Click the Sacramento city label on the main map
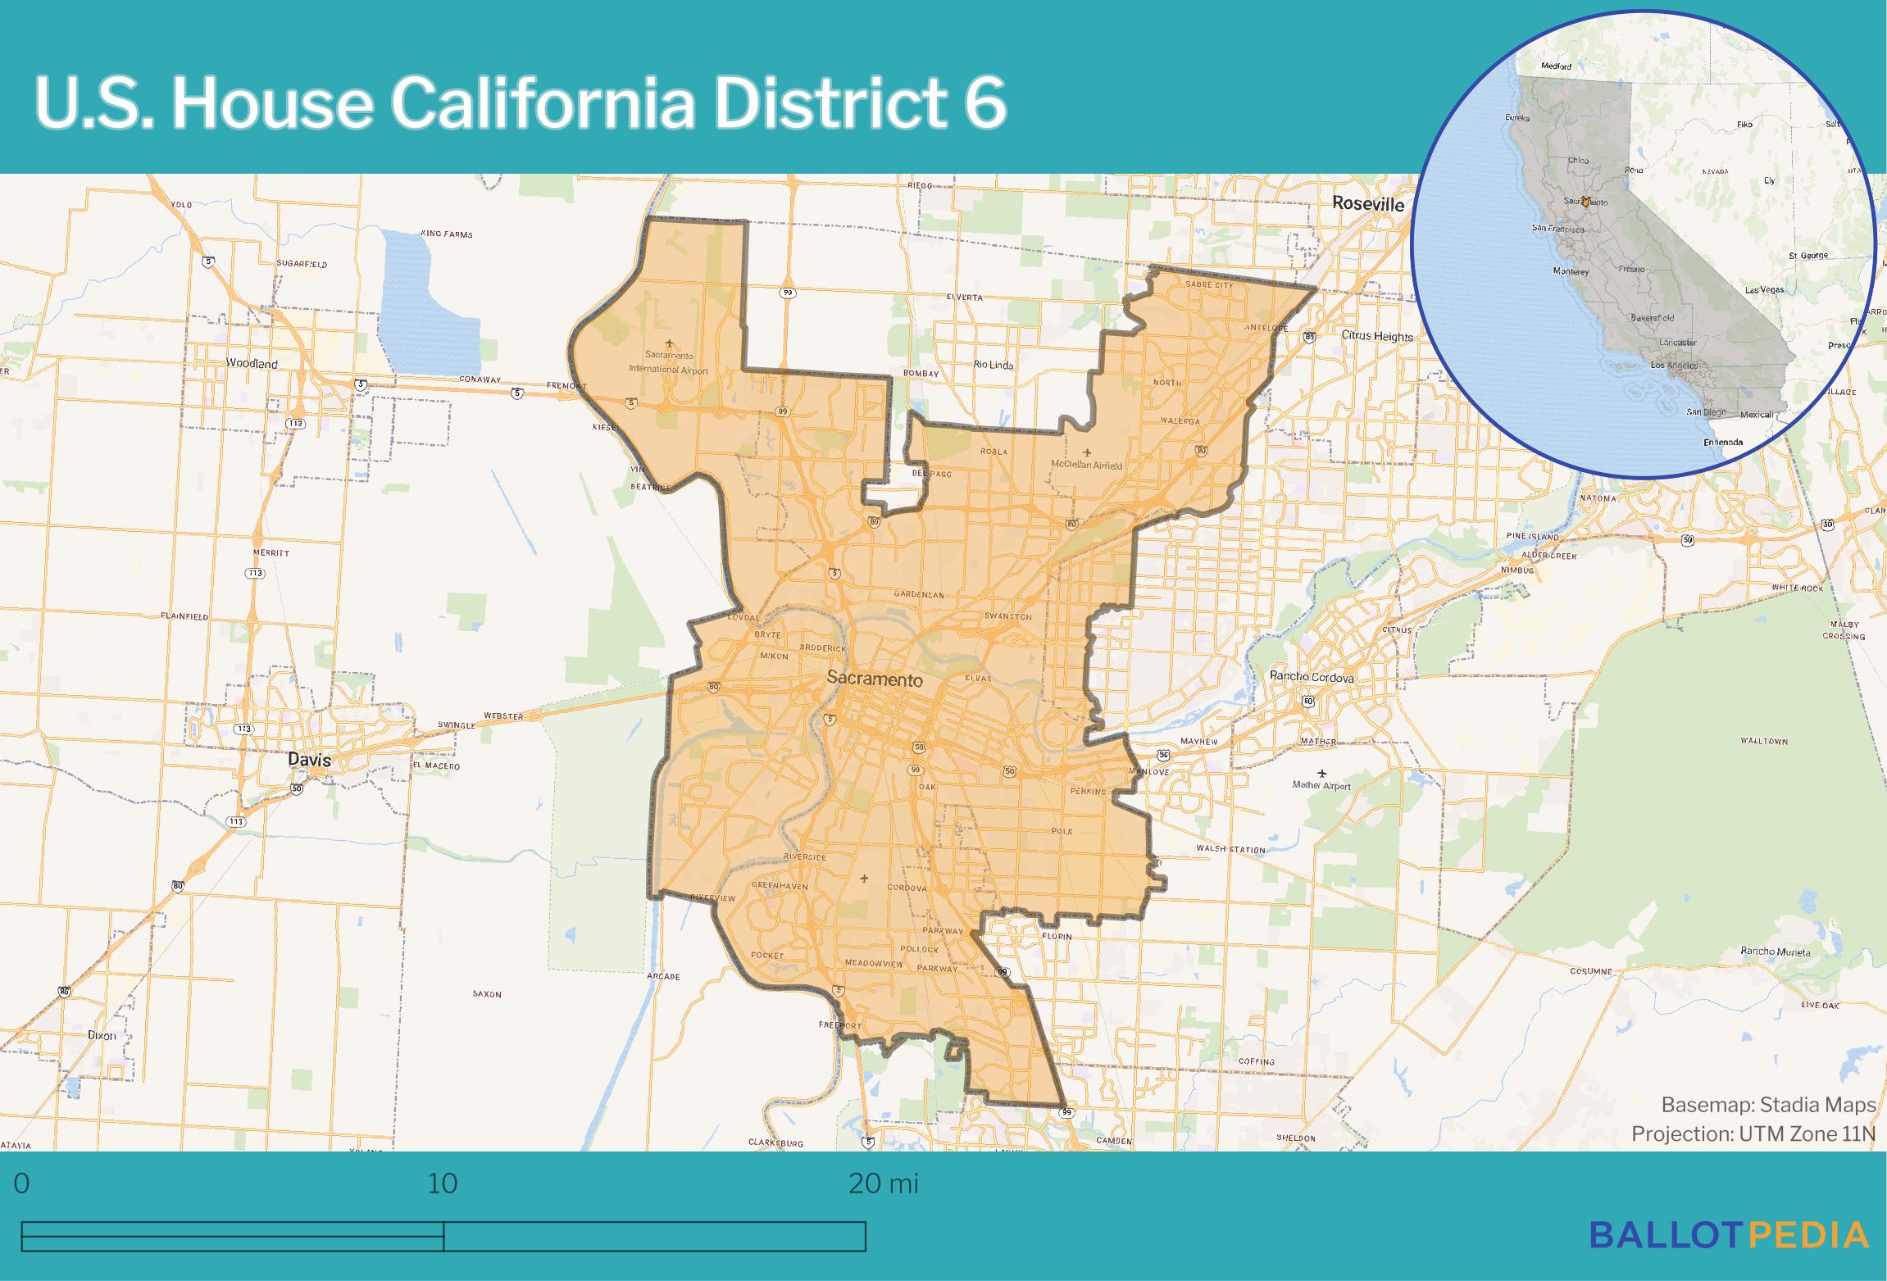click(x=874, y=679)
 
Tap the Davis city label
click(x=309, y=760)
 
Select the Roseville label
click(x=1367, y=204)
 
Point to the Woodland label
click(x=252, y=363)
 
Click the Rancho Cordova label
click(x=1311, y=677)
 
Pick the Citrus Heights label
click(x=1377, y=336)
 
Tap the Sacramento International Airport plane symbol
click(x=669, y=343)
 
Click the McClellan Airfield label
click(x=1086, y=465)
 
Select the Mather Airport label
click(x=1321, y=785)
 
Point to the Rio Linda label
click(x=994, y=365)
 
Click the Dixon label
click(x=102, y=1035)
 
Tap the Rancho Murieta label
click(x=1776, y=952)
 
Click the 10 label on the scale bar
click(x=443, y=1183)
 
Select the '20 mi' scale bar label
click(x=883, y=1183)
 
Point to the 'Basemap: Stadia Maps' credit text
click(x=1768, y=1105)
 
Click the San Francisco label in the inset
click(x=1558, y=228)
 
